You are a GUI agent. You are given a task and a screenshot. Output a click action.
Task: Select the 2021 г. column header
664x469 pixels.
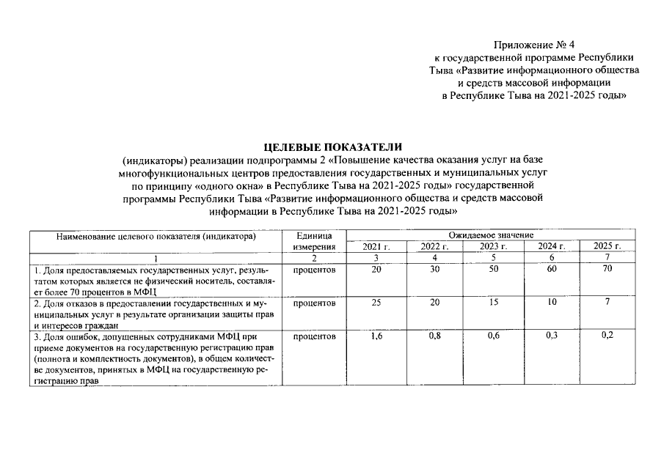coord(376,247)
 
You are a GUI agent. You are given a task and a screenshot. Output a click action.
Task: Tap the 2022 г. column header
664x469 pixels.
coord(434,247)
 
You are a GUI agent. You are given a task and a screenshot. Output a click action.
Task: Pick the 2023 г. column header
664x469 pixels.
coord(493,247)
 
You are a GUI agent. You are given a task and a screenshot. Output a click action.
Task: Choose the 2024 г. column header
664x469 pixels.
coord(551,247)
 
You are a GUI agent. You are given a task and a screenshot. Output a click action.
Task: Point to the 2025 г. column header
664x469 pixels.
coord(607,247)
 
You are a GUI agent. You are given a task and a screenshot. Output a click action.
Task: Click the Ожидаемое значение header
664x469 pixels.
coord(491,236)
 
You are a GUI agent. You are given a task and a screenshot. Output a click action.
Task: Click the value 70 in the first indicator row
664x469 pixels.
coord(607,270)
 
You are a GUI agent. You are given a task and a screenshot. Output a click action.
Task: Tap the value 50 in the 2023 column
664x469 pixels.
coord(493,270)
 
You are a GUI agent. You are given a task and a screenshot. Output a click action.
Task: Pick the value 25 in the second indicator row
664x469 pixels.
coord(376,303)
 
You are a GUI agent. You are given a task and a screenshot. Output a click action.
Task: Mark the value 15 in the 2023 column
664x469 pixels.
coord(493,303)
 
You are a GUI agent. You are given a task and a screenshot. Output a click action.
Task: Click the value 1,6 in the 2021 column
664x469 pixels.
coord(376,336)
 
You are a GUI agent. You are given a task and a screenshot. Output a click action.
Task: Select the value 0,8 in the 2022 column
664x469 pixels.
coord(434,336)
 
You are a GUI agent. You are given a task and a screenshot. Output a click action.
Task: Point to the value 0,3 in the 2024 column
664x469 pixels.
coord(551,336)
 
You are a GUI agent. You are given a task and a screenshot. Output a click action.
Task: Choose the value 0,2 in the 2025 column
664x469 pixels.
coord(607,336)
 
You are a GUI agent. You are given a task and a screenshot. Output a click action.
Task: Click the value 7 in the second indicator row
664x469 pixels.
coord(607,303)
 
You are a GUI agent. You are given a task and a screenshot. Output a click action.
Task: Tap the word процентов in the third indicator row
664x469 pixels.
coord(314,336)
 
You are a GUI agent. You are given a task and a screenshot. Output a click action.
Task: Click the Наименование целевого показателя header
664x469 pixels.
coord(156,237)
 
